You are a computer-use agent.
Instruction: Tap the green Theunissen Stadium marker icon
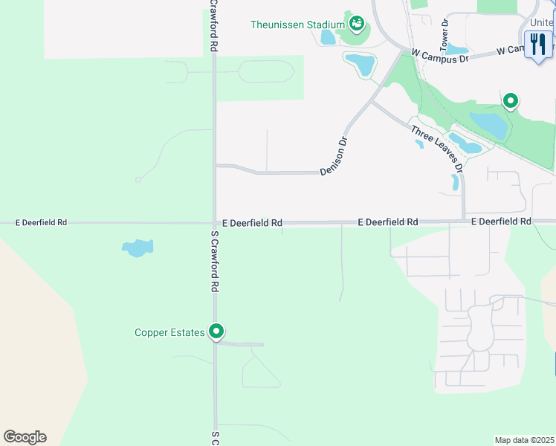(x=357, y=24)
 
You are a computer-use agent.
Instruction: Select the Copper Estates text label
(x=169, y=332)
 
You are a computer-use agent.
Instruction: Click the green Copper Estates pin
(x=216, y=331)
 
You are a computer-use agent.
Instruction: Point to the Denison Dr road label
(x=334, y=155)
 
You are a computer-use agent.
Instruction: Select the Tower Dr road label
(x=445, y=33)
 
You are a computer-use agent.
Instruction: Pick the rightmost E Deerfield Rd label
(x=501, y=222)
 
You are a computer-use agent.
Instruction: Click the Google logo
(x=25, y=437)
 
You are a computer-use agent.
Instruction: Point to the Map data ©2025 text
(x=524, y=440)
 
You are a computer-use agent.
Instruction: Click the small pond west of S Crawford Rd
(x=138, y=248)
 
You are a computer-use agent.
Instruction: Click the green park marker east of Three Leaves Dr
(x=510, y=100)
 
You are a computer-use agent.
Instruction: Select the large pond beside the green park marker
(x=489, y=125)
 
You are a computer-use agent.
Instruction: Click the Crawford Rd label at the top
(x=213, y=26)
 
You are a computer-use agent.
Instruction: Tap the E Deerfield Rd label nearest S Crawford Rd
(x=252, y=223)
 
